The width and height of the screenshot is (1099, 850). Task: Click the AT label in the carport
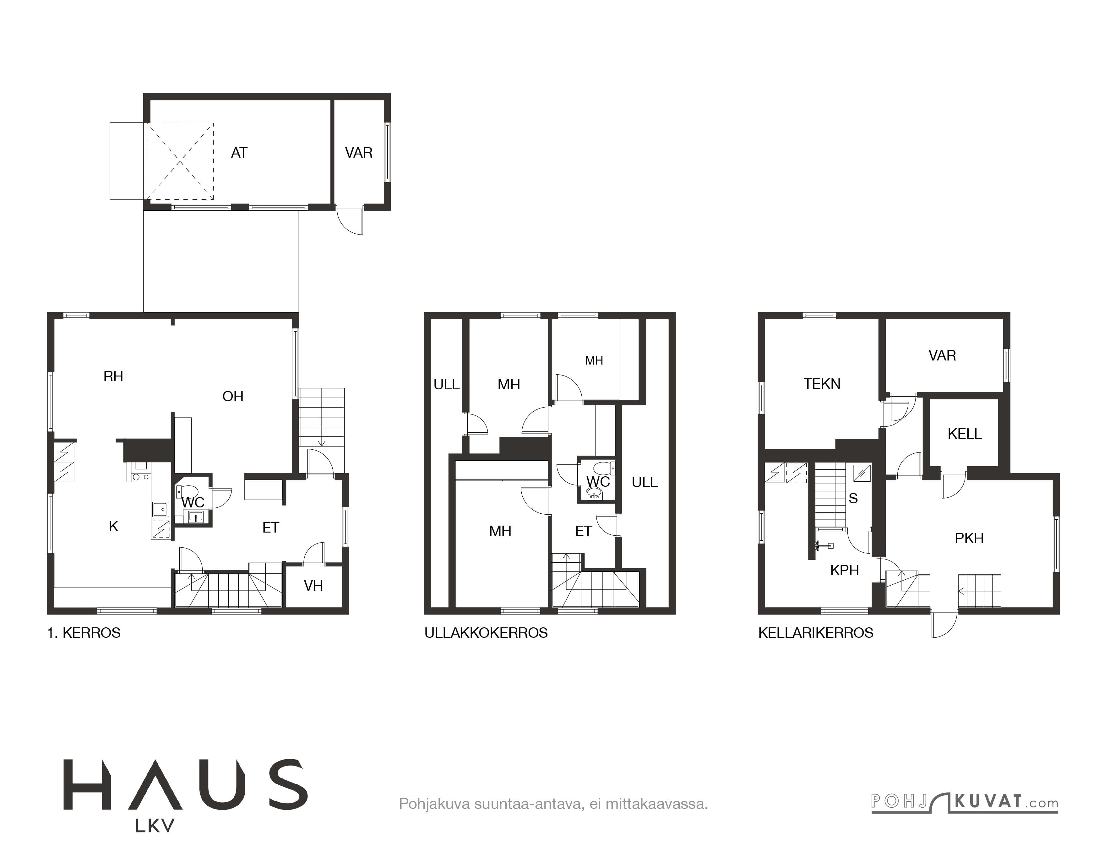[239, 153]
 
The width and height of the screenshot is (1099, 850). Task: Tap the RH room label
[113, 376]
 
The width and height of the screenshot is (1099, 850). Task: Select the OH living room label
[233, 396]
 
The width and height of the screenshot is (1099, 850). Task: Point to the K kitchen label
[114, 526]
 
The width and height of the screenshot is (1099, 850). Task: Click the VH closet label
[313, 585]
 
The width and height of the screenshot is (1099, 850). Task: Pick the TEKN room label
[822, 384]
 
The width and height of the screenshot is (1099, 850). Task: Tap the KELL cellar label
[965, 434]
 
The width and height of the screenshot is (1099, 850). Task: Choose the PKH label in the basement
[969, 538]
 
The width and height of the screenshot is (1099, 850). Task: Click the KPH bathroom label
[844, 570]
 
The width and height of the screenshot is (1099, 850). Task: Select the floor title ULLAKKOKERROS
[486, 633]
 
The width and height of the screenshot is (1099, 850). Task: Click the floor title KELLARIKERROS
[816, 633]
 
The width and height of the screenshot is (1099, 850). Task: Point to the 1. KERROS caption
[84, 633]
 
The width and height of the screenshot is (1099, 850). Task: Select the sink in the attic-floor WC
[595, 493]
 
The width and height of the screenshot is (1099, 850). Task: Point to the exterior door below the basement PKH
[944, 625]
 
